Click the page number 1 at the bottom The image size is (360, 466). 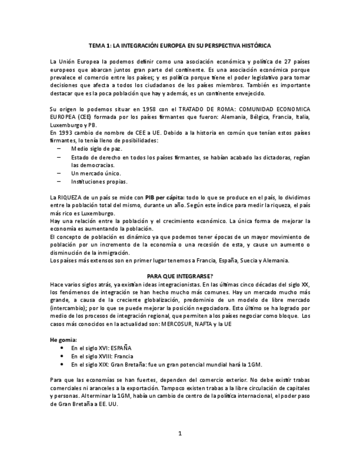[180, 434]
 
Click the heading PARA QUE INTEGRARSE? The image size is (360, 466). [180, 276]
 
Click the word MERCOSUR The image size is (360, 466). [179, 324]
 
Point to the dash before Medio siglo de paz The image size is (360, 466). [59, 149]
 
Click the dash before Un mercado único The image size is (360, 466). [59, 173]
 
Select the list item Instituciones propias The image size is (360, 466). [99, 181]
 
